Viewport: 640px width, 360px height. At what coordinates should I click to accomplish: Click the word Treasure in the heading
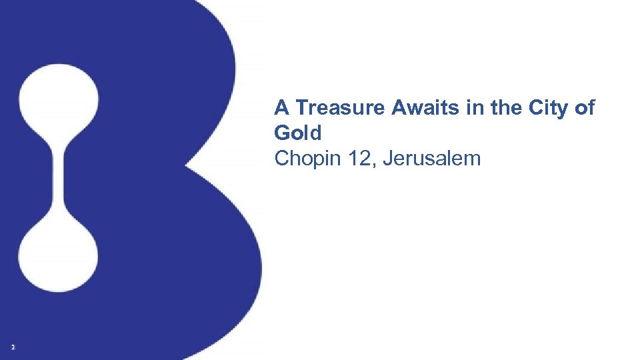pyautogui.click(x=339, y=107)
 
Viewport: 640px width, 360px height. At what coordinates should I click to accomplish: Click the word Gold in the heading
pyautogui.click(x=297, y=133)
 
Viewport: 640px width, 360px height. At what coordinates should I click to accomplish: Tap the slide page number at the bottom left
pyautogui.click(x=13, y=347)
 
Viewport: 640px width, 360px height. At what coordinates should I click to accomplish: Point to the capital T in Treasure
pyautogui.click(x=301, y=107)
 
